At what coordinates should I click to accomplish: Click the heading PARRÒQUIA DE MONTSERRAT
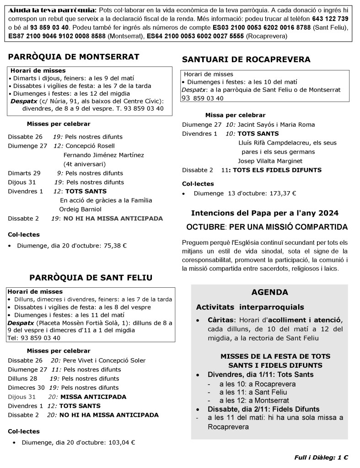[x=73, y=57]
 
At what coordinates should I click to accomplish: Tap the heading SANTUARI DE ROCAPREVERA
[x=246, y=59]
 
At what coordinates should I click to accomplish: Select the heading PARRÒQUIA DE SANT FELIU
[x=91, y=278]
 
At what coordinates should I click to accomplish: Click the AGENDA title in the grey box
[x=269, y=292]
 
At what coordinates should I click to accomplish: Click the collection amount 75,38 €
[x=115, y=245]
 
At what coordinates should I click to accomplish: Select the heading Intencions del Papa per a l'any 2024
[x=264, y=213]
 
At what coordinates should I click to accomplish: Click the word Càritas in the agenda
[x=221, y=319]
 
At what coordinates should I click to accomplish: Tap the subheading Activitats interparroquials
[x=250, y=307]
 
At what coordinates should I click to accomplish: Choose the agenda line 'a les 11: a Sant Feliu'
[x=247, y=392]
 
